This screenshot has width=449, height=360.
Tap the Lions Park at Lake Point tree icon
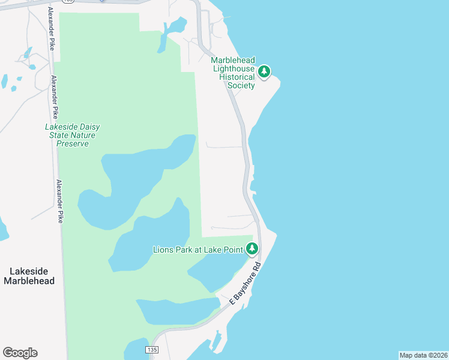[x=252, y=248]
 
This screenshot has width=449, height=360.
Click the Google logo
[x=20, y=353]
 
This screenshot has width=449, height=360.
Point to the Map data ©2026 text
[x=423, y=355]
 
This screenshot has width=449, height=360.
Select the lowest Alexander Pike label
[x=59, y=202]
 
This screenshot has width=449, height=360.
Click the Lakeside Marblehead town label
[x=29, y=276]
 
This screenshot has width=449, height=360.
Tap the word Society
[x=241, y=85]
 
